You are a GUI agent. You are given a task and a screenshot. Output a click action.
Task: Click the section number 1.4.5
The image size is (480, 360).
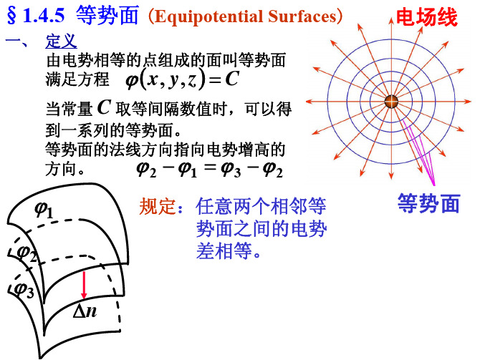tap(44, 15)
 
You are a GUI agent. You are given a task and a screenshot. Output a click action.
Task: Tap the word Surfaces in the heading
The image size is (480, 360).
tap(302, 16)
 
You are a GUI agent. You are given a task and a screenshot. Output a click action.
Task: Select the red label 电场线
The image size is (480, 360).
tap(427, 17)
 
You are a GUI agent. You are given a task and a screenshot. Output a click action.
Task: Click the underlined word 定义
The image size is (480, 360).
tap(61, 42)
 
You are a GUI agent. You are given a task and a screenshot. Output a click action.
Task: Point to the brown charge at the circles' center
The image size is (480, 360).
tap(391, 102)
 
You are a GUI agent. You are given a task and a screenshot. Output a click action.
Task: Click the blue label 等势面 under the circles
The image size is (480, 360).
tap(428, 203)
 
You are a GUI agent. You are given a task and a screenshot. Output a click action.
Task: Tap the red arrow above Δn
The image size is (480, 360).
tap(84, 285)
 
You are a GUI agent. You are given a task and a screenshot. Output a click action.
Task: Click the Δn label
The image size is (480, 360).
tap(85, 311)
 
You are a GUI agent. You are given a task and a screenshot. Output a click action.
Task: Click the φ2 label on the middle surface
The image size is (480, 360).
tap(27, 253)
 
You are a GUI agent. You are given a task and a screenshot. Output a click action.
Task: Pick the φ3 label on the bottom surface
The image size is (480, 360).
tap(24, 289)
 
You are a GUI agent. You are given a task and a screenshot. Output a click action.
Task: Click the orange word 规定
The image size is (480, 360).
tap(158, 206)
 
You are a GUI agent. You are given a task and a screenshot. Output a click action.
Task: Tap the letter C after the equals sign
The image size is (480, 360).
tap(231, 79)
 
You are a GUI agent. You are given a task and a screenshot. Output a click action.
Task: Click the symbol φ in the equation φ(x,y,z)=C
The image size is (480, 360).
tap(132, 80)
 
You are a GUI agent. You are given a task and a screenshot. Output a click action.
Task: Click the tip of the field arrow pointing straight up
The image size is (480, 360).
tap(391, 18)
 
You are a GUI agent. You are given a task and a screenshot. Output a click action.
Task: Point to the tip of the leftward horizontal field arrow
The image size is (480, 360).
tap(306, 102)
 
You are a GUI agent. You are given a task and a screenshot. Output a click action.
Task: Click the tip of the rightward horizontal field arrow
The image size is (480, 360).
tap(471, 102)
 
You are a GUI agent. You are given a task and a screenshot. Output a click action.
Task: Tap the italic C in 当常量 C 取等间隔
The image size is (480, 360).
tap(104, 107)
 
